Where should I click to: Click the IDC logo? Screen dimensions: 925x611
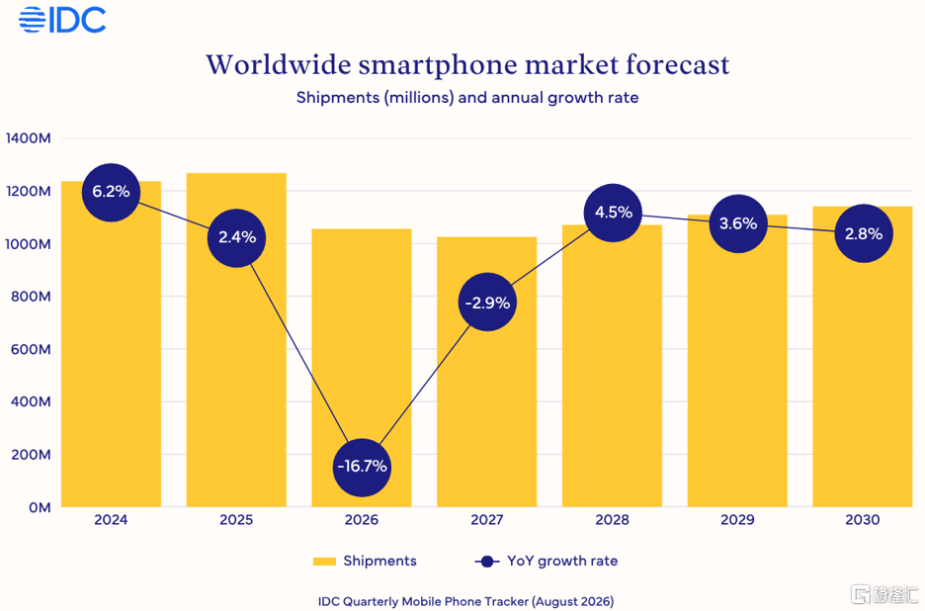click(x=62, y=20)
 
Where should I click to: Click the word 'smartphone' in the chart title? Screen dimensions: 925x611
click(x=438, y=65)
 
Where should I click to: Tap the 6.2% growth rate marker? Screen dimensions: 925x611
click(x=111, y=192)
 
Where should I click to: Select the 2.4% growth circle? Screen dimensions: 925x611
click(x=236, y=238)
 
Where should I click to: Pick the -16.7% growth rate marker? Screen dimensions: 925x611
click(x=362, y=467)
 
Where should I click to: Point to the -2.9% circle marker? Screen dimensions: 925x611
click(x=487, y=303)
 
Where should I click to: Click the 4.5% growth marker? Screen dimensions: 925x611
click(x=613, y=213)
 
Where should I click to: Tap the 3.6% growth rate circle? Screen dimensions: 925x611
click(x=738, y=223)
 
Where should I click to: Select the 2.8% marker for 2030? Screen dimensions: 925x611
click(x=864, y=233)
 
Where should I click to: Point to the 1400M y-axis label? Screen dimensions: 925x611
click(x=29, y=138)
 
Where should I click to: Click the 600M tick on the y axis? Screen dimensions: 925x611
click(x=31, y=349)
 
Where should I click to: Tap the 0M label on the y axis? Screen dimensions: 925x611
click(x=40, y=508)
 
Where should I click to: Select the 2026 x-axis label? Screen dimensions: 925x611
click(x=362, y=519)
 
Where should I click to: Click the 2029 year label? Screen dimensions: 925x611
click(x=737, y=519)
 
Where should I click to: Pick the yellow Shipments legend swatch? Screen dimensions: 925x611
click(x=324, y=562)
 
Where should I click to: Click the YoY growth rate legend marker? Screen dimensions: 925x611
click(x=487, y=562)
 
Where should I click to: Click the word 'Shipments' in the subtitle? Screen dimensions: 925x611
click(x=337, y=98)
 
